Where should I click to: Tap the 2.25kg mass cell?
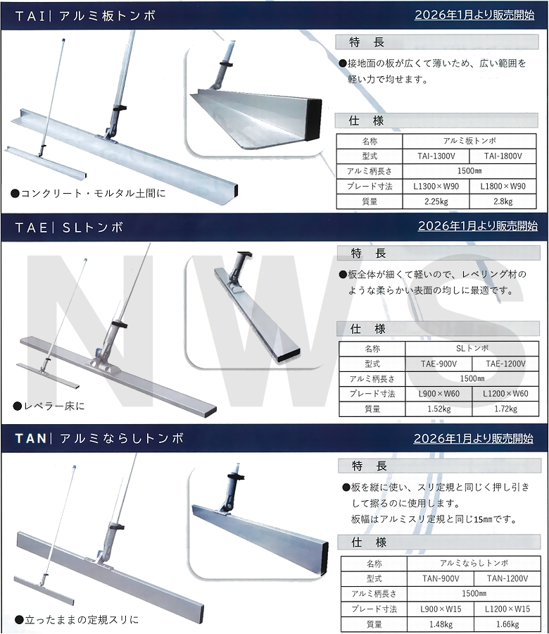(x=431, y=201)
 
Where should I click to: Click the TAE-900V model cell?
(x=438, y=363)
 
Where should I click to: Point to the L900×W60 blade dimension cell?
(x=438, y=394)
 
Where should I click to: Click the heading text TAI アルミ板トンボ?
(x=85, y=15)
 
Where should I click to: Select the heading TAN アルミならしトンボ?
(x=99, y=438)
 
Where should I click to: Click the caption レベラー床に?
(x=47, y=406)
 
